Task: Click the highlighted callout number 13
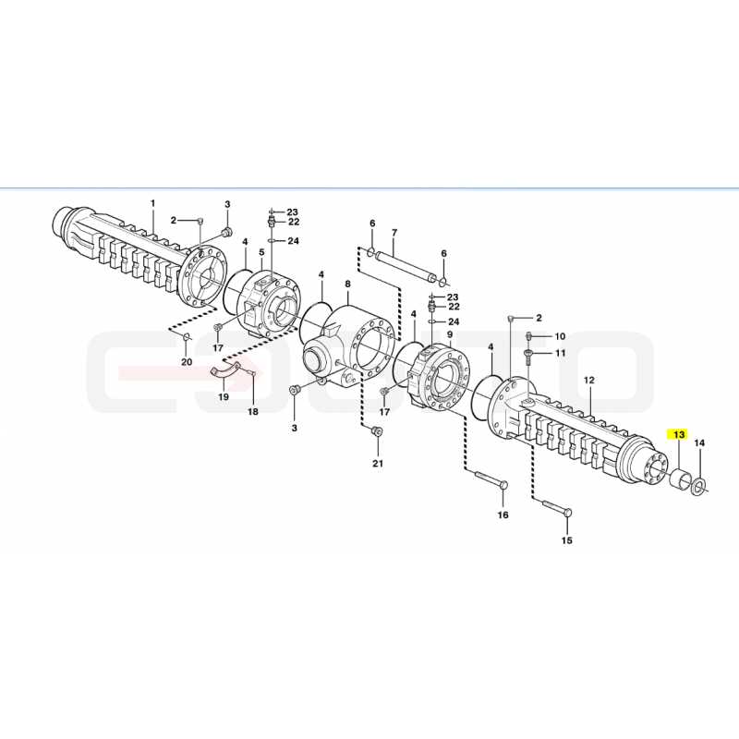pos(678,434)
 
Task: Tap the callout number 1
pos(152,203)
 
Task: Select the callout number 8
pos(348,285)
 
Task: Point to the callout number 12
pos(589,380)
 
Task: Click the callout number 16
pos(503,515)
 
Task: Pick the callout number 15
pos(567,540)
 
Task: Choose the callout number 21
pos(378,464)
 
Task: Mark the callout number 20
pos(188,362)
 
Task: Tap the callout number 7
pos(394,233)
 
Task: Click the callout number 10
pos(560,336)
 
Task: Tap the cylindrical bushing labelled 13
pos(679,478)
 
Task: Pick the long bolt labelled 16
pos(491,479)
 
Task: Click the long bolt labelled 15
pos(556,507)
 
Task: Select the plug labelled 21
pos(377,431)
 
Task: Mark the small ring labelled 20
pos(187,336)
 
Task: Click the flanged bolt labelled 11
pos(528,357)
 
